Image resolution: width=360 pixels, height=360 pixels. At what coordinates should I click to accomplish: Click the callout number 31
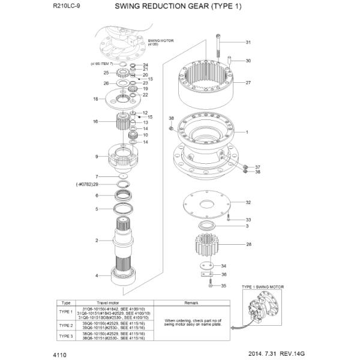pos(248,43)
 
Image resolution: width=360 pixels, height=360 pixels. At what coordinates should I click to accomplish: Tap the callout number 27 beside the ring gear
pos(248,82)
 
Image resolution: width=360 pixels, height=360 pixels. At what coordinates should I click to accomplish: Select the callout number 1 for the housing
pos(247,131)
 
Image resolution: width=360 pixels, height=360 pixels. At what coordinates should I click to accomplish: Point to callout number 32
pos(248,202)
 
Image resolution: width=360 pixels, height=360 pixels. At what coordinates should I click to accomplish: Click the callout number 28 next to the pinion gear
pos(248,244)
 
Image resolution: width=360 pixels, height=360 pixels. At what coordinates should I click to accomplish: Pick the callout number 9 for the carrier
pos(96,157)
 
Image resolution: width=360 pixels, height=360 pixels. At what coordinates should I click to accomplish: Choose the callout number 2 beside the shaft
pos(96,241)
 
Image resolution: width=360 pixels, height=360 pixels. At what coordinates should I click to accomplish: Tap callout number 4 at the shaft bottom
pos(96,275)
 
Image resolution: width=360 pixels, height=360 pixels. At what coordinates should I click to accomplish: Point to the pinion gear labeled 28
pos(207,245)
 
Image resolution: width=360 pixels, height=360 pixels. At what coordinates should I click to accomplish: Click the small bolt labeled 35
pos(209,286)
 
